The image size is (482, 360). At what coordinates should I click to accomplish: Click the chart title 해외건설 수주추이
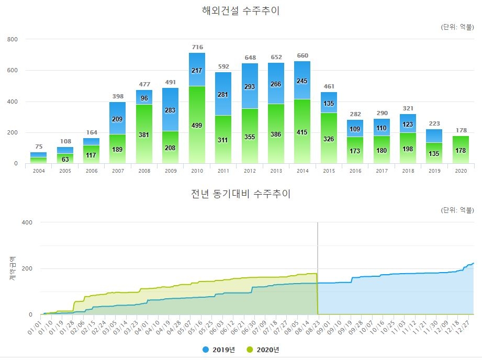point(241,10)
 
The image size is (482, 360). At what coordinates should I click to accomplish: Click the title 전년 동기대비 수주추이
point(241,194)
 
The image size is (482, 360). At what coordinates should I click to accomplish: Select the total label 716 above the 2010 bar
point(197,47)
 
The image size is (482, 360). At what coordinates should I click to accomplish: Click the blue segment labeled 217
point(197,70)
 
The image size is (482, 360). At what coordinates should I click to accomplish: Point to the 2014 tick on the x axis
point(302,171)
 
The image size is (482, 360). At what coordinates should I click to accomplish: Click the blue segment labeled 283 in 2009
point(171,110)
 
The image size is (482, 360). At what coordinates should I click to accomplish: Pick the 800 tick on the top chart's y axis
point(13,39)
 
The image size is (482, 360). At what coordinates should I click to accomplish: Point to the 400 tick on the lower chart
point(27,222)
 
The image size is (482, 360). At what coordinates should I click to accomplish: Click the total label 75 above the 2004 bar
point(38,147)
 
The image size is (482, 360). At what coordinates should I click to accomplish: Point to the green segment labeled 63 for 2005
point(65,159)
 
